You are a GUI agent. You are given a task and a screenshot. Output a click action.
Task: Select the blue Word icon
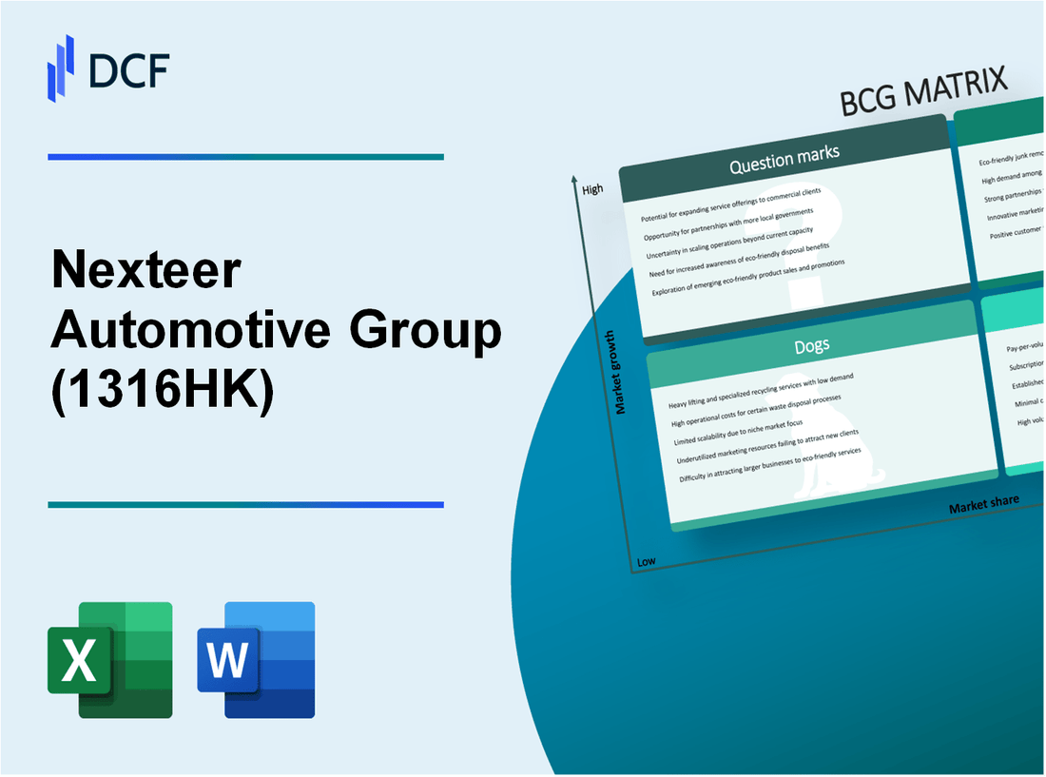pos(256,659)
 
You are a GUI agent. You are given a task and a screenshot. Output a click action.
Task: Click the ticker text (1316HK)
pos(162,393)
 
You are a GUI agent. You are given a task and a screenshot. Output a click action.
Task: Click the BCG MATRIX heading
pos(923,91)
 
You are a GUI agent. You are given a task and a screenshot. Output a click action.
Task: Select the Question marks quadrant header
pos(784,162)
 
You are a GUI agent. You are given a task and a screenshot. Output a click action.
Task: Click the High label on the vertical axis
pos(592,189)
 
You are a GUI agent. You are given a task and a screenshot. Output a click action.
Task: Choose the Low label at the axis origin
pos(646,561)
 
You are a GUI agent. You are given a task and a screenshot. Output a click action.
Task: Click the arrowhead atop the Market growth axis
pos(574,179)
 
